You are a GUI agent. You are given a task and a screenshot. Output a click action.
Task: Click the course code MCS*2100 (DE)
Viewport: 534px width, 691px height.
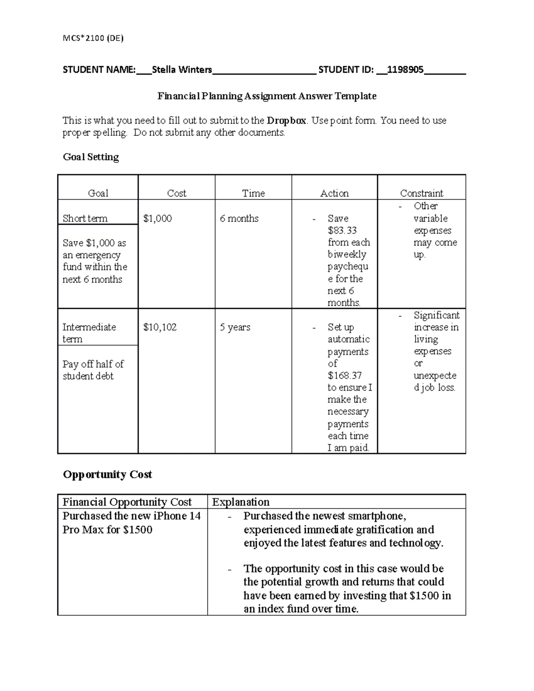tap(93, 38)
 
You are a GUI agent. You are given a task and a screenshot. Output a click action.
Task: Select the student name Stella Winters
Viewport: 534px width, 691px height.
tap(182, 69)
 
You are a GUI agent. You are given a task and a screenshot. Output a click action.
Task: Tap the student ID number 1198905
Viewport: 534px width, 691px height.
tap(405, 69)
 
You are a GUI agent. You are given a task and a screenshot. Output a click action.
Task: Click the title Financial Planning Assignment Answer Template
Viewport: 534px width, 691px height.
tap(267, 96)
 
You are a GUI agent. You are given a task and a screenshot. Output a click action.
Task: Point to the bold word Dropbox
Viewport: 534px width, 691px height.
tap(287, 121)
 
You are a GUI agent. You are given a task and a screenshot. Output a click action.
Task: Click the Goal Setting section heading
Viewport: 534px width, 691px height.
tap(91, 157)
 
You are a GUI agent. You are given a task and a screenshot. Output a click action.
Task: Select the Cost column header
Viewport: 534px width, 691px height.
tap(176, 193)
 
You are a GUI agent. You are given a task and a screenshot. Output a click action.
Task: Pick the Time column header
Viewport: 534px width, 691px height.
tap(253, 193)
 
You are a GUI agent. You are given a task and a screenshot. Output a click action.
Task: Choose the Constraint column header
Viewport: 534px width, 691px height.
tap(421, 193)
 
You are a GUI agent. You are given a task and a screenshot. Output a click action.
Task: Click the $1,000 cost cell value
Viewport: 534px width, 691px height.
tap(158, 218)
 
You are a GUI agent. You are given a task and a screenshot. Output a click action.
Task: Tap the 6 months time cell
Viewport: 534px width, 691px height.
tap(239, 218)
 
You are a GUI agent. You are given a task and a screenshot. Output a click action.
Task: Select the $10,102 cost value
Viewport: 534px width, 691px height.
tap(160, 327)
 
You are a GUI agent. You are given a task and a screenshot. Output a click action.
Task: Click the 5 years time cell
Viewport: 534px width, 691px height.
tap(235, 327)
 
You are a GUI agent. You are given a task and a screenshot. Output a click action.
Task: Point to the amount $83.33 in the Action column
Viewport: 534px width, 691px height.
tap(342, 230)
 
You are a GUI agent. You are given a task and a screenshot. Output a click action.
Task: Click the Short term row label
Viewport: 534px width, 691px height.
tap(85, 218)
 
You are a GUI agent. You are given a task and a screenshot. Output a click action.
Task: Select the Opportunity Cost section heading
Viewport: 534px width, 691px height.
tap(107, 475)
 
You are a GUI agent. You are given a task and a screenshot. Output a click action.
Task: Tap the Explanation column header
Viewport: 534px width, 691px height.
tap(241, 502)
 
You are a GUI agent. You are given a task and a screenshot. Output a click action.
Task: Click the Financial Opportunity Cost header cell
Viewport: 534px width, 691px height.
tap(127, 502)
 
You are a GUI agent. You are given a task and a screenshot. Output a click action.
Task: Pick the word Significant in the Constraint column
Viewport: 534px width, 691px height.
tap(436, 315)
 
